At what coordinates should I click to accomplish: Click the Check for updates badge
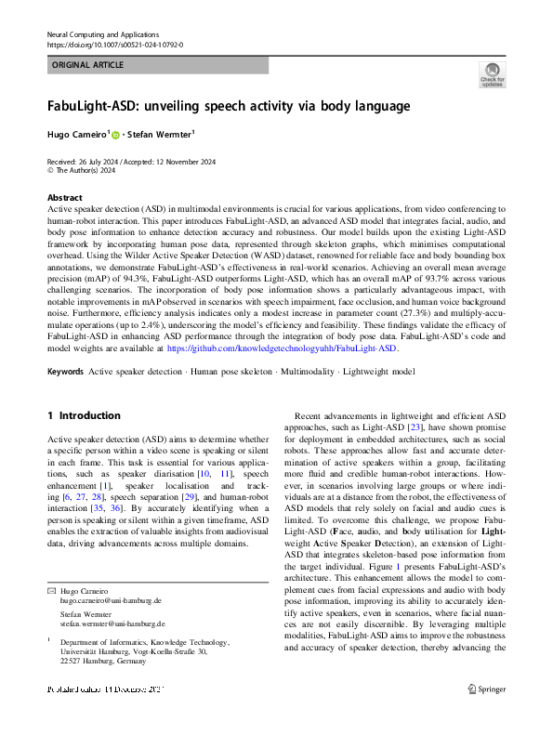(x=493, y=74)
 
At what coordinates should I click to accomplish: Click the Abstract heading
(x=64, y=199)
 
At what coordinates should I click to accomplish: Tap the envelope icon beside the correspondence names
(x=50, y=591)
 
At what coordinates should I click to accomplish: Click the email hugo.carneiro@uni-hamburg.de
(x=111, y=602)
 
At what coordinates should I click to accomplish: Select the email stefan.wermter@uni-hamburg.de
(x=112, y=623)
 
